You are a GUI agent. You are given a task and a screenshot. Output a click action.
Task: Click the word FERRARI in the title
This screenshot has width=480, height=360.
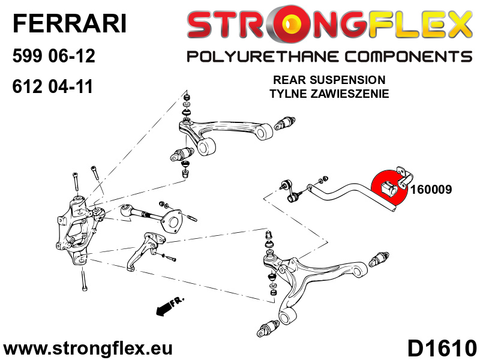tap(70, 23)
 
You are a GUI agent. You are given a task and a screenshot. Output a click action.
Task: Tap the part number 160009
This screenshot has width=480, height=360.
tap(431, 190)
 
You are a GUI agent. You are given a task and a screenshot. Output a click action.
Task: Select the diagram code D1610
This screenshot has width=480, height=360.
tap(442, 348)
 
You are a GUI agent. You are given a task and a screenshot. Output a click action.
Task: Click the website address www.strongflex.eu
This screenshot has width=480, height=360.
tap(88, 348)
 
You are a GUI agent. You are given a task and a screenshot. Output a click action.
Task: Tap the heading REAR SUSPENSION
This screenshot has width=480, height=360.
tap(329, 80)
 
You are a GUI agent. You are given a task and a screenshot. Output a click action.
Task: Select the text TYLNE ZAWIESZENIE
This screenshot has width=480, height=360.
tap(329, 94)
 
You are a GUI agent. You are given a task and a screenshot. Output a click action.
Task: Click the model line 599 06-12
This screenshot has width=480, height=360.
tap(53, 56)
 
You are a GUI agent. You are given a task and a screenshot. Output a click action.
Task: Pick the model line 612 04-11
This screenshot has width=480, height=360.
tap(52, 86)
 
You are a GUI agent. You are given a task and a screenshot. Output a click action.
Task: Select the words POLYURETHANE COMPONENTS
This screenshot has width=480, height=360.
tap(329, 56)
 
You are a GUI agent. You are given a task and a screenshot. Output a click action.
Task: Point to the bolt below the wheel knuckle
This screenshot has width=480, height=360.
tap(84, 279)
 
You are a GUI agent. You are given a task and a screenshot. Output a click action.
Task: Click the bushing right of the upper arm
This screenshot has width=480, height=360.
tap(284, 123)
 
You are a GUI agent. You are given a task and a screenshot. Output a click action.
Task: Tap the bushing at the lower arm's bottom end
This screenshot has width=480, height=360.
tap(268, 328)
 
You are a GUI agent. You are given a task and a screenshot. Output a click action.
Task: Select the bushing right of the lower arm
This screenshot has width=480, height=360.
tap(379, 260)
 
